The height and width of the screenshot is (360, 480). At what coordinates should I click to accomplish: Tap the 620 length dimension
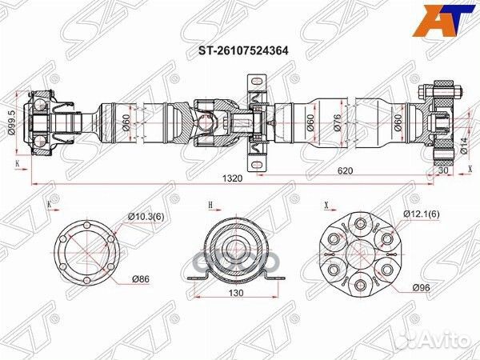pos(345,170)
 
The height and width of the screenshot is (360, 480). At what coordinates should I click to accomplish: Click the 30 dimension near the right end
pos(442,170)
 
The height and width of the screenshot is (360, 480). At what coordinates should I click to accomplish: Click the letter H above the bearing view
pos(210,206)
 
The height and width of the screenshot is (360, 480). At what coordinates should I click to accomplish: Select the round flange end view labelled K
pos(86,253)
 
